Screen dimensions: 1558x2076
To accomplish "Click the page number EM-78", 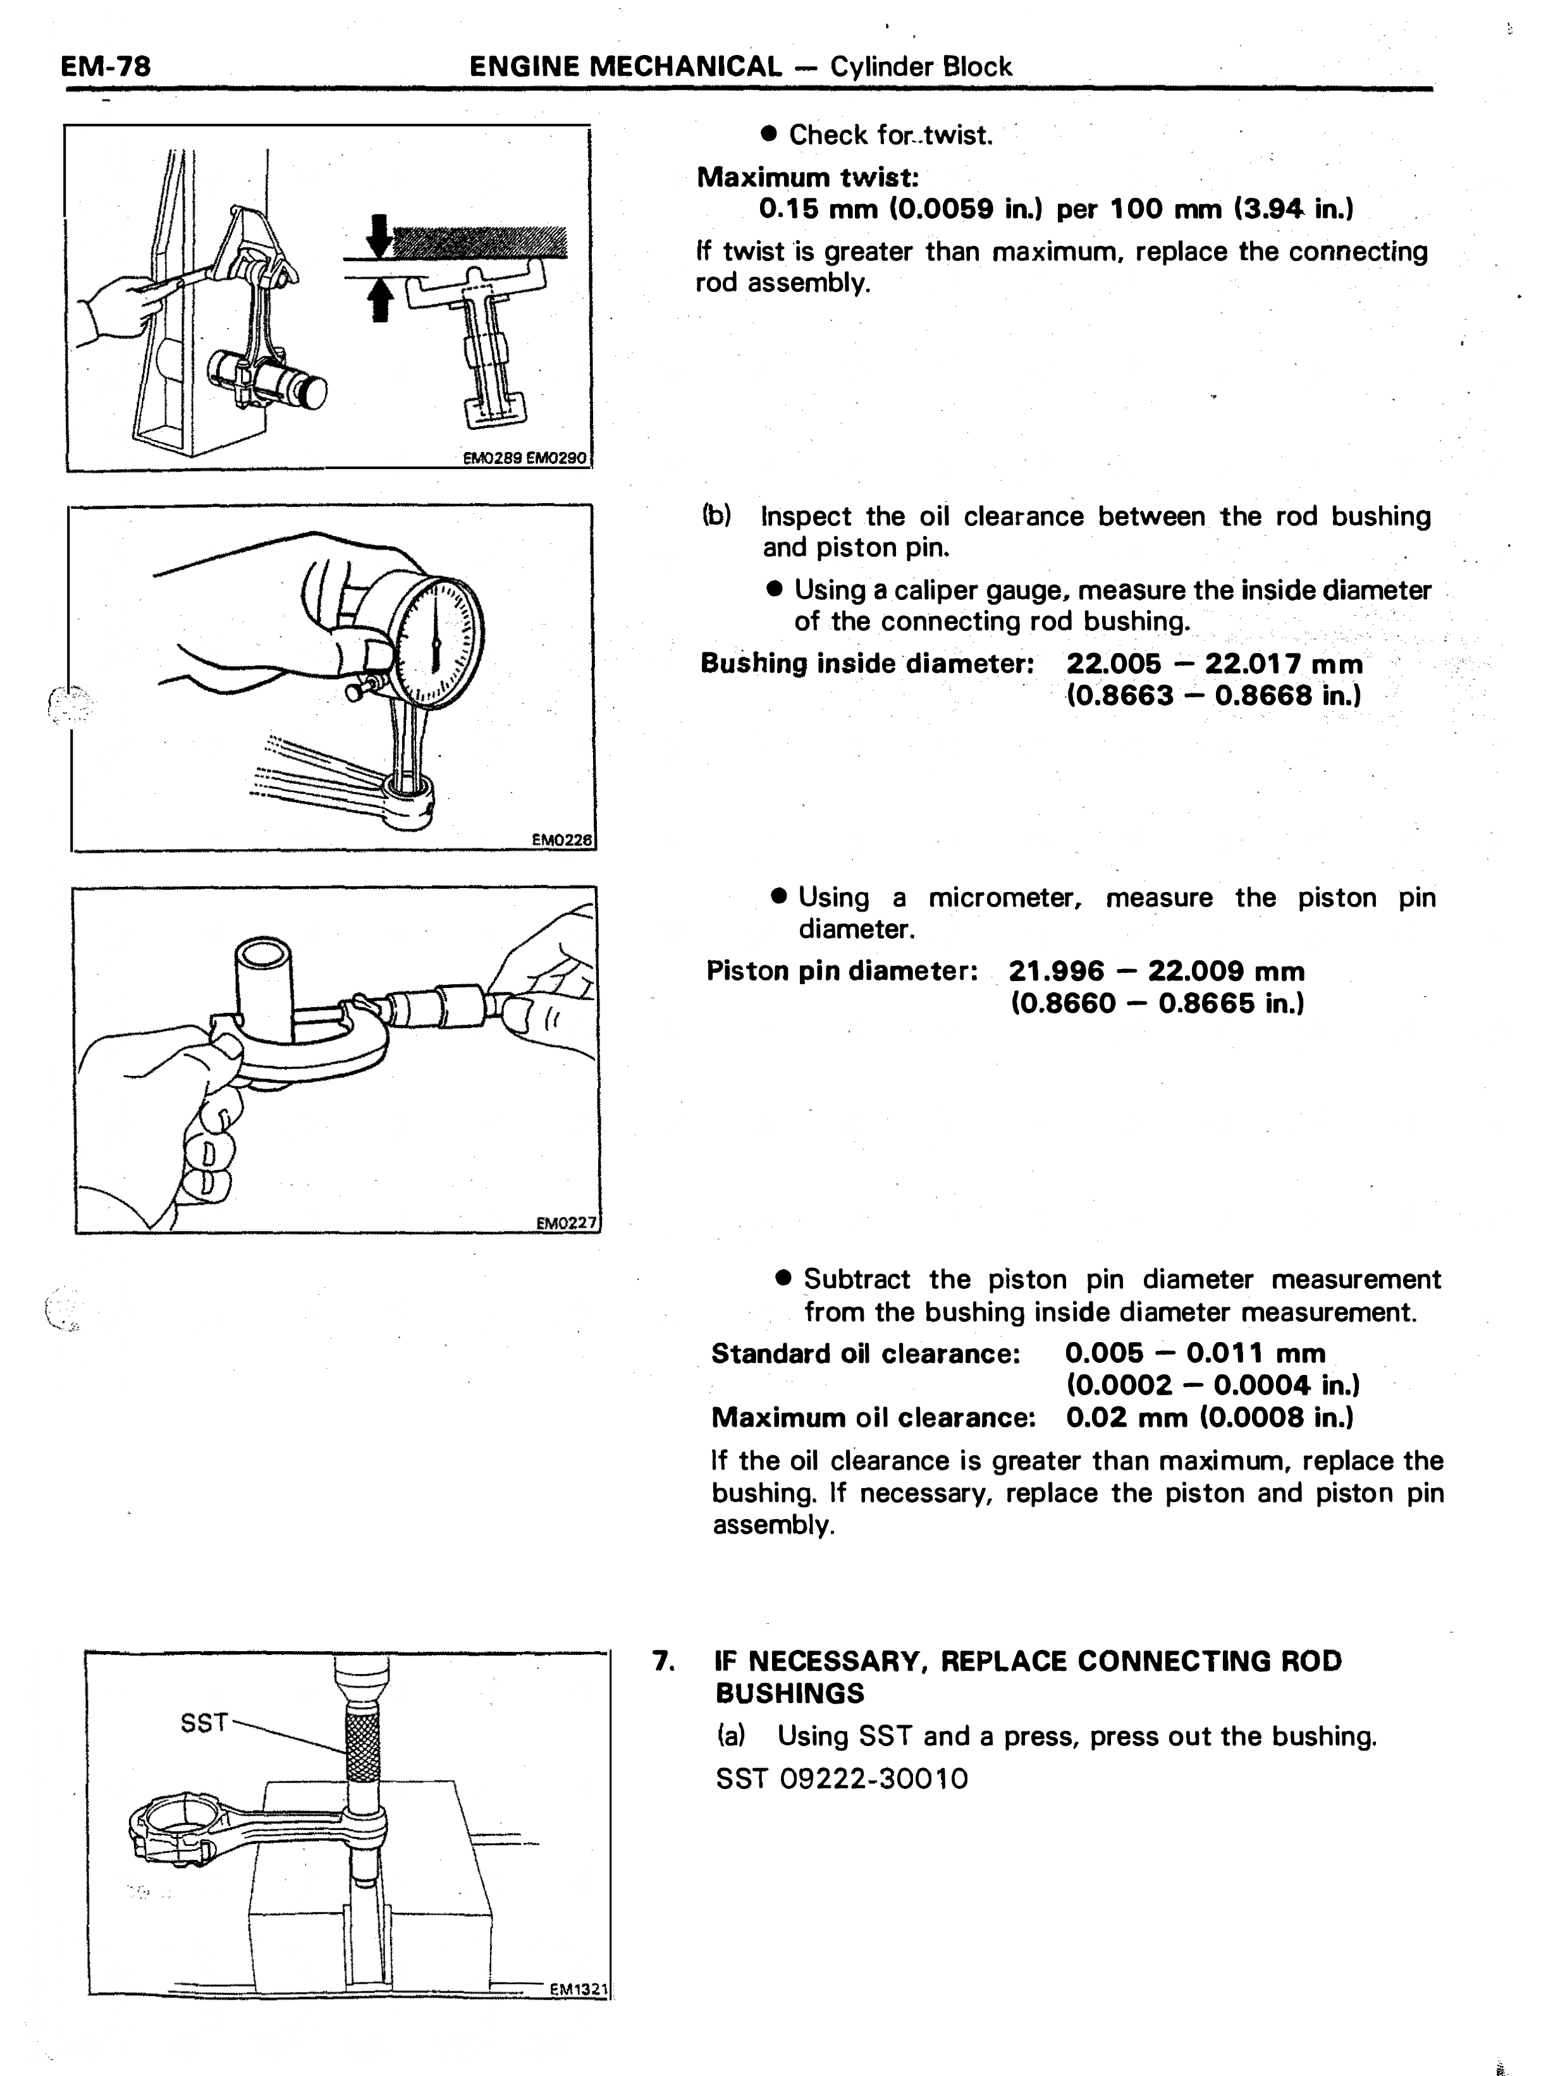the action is [105, 66].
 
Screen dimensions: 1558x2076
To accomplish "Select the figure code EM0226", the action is [562, 841].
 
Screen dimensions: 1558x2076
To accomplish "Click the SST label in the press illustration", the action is [204, 1722].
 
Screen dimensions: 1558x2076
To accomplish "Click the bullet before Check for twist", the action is [770, 134].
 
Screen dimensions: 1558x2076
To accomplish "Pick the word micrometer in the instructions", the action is [1005, 898].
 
